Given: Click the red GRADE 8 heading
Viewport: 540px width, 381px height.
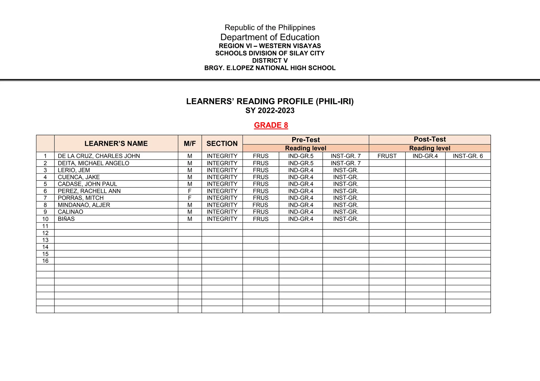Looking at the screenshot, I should click(271, 125).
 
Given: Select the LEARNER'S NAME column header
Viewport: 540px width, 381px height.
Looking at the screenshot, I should click(116, 144).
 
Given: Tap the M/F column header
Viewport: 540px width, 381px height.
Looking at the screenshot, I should click(190, 144).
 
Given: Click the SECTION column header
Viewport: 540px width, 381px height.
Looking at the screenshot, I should click(222, 144).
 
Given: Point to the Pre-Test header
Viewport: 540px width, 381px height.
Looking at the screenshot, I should click(306, 140).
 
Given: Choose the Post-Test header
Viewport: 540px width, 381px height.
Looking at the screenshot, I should click(430, 139).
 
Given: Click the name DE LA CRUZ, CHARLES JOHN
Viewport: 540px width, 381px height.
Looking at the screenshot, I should click(99, 156).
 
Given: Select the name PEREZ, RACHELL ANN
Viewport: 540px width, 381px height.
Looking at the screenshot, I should click(89, 191).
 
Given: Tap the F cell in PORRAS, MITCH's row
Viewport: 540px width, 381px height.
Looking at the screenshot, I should click(190, 198).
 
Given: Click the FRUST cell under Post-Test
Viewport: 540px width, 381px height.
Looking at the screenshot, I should click(387, 156).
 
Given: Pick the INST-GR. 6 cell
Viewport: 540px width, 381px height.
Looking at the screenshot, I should click(468, 156).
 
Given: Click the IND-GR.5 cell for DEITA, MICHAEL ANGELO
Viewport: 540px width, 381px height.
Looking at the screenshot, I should click(301, 163).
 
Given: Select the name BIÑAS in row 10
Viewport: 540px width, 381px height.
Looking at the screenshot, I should click(66, 219).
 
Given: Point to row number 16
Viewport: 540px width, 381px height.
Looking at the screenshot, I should click(45, 261).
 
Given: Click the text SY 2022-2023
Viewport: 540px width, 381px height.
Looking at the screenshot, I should click(270, 111).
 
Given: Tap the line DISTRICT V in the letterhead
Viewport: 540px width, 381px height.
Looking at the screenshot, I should click(270, 61).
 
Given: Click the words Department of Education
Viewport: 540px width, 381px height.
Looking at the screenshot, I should click(270, 37).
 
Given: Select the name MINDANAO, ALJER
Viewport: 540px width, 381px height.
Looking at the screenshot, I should click(84, 205).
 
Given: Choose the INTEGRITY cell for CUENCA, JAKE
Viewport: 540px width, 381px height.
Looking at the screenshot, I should click(222, 177).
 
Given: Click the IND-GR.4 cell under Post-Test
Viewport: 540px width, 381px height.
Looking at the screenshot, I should click(425, 156).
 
